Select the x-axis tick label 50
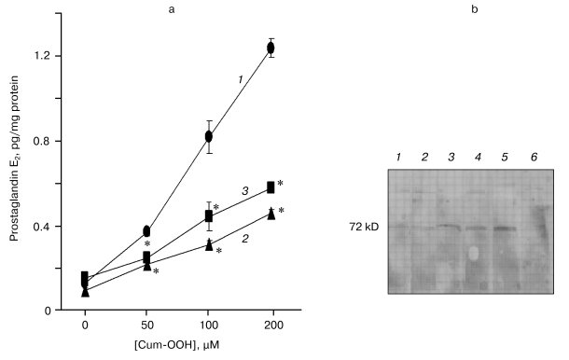(x=146, y=327)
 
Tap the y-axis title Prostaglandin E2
(x=17, y=167)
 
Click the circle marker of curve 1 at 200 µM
(x=271, y=48)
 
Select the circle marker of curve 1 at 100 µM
(x=209, y=136)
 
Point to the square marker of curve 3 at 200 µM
(x=271, y=187)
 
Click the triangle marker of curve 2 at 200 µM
(x=271, y=214)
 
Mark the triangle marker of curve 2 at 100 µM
(x=209, y=244)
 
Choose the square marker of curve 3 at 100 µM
(x=209, y=216)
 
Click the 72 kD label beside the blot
(x=360, y=227)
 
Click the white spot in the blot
(x=474, y=253)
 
